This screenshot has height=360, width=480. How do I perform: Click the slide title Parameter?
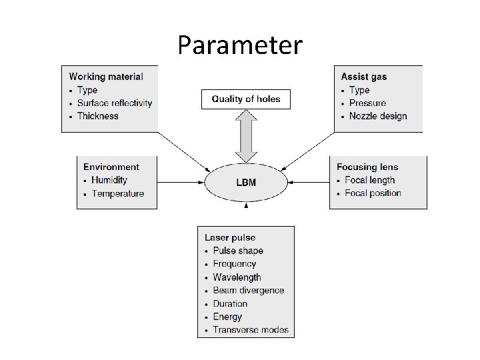239,45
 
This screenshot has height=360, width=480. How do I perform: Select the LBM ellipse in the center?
246,182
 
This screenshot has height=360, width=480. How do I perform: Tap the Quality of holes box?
246,99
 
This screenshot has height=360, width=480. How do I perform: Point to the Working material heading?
105,77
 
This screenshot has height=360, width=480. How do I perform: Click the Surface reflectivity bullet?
114,103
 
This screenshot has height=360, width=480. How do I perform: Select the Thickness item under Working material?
97,116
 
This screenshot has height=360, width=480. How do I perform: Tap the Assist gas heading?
363,77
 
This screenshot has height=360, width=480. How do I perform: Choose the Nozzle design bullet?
377,116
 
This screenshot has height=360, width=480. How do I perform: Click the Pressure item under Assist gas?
367,103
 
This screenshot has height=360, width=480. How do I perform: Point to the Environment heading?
111,167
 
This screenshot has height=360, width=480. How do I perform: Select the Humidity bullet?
109,180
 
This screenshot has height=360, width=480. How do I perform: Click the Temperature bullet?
117,193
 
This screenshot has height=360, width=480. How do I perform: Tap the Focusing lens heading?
367,167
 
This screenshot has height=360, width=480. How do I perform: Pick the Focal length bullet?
369,180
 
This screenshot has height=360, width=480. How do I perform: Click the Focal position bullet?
373,193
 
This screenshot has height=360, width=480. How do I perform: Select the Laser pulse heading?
230,237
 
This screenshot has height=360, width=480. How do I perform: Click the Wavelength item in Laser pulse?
237,277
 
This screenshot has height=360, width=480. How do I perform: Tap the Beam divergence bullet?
248,291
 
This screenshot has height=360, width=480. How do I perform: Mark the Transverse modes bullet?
251,330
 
